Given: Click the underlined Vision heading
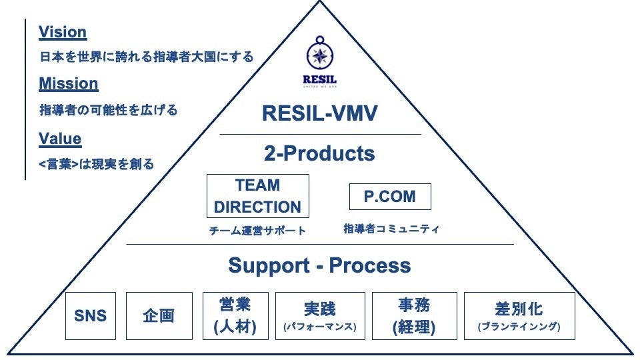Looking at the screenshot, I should tap(63, 32).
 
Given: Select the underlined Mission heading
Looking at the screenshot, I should tap(69, 84).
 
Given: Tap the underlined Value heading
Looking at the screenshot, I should tap(60, 139).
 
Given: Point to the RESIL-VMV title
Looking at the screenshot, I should tap(320, 113).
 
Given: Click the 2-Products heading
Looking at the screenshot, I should tap(320, 154).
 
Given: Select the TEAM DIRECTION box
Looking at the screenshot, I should tap(258, 196).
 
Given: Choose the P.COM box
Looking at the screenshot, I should tap(390, 197).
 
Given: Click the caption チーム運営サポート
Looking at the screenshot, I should tap(257, 231).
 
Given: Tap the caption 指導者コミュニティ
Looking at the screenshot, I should tap(391, 229).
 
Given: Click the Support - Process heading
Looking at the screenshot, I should tap(319, 265).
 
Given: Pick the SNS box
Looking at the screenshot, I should tap(91, 316).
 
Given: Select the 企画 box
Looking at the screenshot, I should tap(159, 316).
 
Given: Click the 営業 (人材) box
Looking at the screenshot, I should tap(235, 316).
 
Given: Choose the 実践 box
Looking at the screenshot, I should tap(320, 316).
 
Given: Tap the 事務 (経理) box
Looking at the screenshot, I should tap(414, 316).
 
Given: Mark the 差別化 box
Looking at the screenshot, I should tap(519, 316).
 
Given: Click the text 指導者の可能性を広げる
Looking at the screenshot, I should tap(109, 110).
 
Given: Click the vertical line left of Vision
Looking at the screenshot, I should tap(25, 100).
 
